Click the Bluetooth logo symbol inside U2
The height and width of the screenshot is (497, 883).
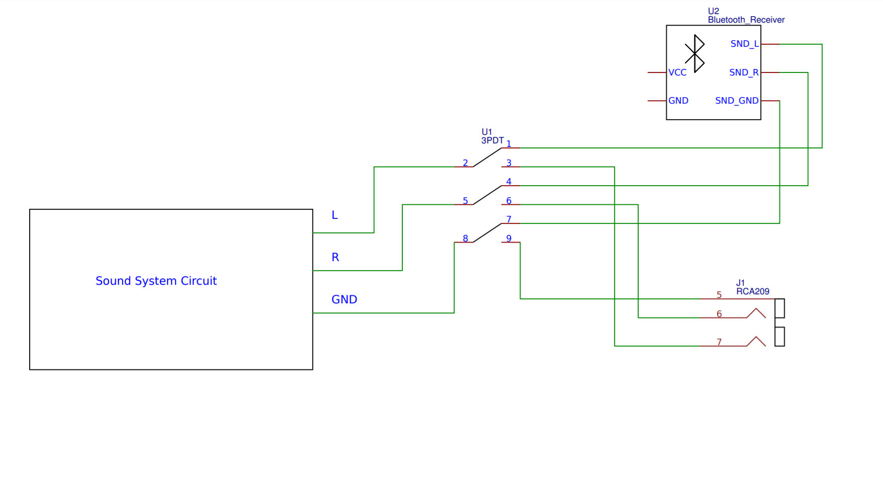point(695,53)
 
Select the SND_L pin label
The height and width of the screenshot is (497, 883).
point(744,44)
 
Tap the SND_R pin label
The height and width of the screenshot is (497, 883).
point(744,72)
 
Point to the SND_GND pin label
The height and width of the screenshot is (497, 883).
point(737,101)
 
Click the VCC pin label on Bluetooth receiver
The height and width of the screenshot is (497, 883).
point(677,72)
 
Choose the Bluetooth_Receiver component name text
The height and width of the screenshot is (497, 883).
point(746,20)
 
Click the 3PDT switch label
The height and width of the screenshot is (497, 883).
point(492,140)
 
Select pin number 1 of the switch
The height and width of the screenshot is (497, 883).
point(509,144)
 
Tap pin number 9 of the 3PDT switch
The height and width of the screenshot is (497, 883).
point(509,238)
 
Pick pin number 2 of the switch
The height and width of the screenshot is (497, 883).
point(465,163)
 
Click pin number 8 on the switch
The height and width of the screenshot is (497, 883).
point(465,238)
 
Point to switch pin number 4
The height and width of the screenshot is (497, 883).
point(509,182)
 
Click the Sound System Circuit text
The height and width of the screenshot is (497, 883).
point(156,281)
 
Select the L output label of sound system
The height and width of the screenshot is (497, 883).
point(334,215)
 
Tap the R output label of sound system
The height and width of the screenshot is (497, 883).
point(335,258)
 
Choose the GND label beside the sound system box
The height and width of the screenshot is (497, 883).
point(344,300)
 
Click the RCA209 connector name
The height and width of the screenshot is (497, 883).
point(753,291)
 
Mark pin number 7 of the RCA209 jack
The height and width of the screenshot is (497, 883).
point(719,342)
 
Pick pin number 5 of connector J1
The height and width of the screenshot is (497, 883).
point(719,295)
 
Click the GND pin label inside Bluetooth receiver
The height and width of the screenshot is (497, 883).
point(678,101)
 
